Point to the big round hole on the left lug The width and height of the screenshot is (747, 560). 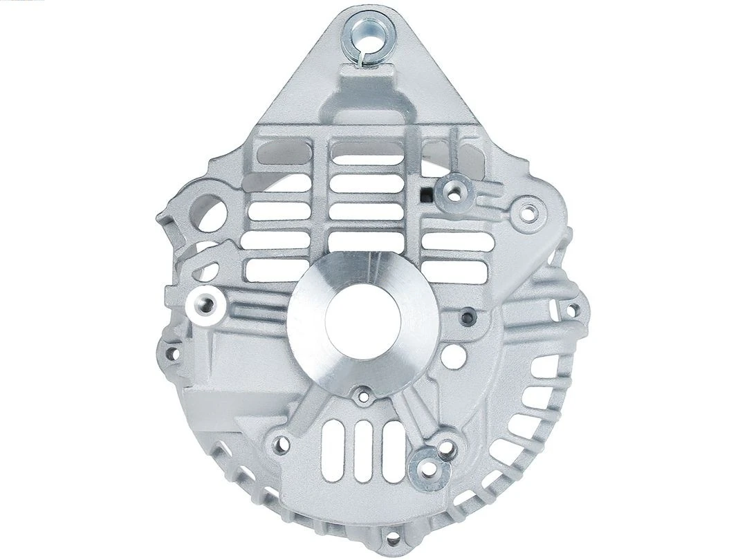(x=212, y=208)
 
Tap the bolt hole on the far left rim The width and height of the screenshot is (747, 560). (x=171, y=354)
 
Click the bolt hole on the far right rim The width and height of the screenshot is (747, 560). (x=571, y=310)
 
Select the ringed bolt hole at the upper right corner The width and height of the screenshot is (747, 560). (x=527, y=212)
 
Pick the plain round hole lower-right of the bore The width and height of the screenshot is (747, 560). (x=453, y=357)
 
